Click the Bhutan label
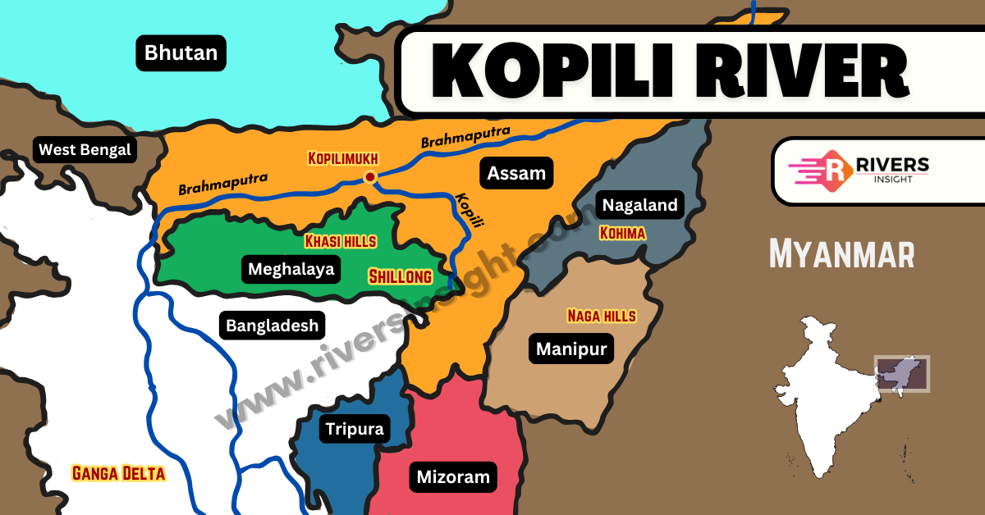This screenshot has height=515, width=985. [x=181, y=54]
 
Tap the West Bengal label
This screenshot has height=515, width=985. [x=85, y=150]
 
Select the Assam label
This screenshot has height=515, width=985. [x=516, y=173]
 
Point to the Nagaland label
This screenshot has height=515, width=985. [x=640, y=205]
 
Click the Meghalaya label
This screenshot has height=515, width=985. [x=291, y=269]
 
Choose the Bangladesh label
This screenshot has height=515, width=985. [x=272, y=326]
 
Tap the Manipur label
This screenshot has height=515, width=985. [x=571, y=349]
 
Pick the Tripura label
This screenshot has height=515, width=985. [x=355, y=429]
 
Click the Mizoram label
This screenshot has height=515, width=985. [x=453, y=476]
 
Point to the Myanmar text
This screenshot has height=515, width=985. [x=841, y=254]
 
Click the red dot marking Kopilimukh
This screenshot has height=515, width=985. [x=370, y=176]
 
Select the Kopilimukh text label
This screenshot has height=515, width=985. [x=344, y=157]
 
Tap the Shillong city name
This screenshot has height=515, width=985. [x=401, y=276]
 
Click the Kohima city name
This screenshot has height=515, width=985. [x=622, y=234]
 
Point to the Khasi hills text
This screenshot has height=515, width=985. [x=341, y=241]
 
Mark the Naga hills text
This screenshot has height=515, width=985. [x=602, y=315]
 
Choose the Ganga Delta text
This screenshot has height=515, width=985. [x=119, y=473]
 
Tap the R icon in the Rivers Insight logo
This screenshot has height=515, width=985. [x=834, y=170]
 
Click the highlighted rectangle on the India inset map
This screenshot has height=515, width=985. [x=901, y=373]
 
